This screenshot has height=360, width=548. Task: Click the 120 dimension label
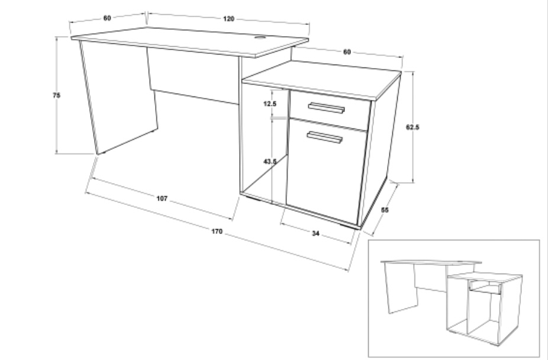(x=228, y=18)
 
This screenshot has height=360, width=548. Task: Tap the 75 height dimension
(x=56, y=95)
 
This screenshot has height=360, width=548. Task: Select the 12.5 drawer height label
(x=270, y=104)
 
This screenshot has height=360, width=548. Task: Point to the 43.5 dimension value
(x=270, y=162)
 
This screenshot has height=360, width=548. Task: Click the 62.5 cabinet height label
(x=412, y=127)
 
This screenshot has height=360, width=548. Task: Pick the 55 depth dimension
(x=385, y=210)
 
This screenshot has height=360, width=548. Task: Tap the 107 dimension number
(x=162, y=198)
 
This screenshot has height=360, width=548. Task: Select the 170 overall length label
(x=217, y=231)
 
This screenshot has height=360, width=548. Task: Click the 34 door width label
(x=315, y=233)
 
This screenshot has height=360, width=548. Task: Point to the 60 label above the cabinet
(x=346, y=52)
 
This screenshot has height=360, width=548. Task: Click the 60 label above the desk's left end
(x=107, y=18)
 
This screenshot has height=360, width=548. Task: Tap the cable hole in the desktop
(x=260, y=37)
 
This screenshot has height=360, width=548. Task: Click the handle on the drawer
(x=326, y=108)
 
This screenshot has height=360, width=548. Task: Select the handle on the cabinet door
(x=325, y=137)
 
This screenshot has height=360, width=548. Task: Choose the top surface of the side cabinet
(x=321, y=79)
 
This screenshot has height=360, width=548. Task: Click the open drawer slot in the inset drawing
(x=485, y=286)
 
